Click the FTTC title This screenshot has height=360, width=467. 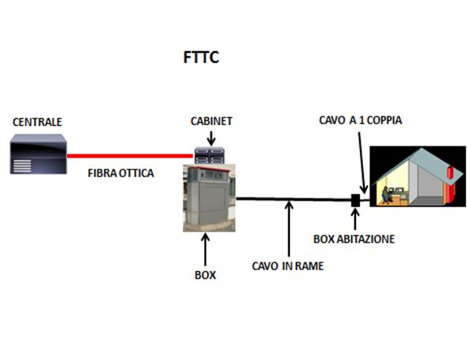coord(202,58)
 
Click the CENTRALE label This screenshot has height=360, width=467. coord(37,122)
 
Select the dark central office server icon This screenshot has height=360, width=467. coord(38,154)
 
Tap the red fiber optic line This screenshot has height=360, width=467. coord(130,155)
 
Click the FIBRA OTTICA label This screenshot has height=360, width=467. coord(120,173)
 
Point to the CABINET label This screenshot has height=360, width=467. coord(212,121)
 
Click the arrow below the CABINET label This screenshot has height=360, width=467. coord(211,138)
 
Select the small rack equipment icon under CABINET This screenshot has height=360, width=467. coord(209,155)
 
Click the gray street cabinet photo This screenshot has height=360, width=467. coord(209,198)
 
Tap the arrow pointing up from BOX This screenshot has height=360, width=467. coord(206,249)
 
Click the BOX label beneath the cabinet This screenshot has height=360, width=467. coord(206,275)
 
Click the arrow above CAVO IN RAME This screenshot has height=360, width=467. coord(289,228)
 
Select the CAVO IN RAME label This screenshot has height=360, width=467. coord(287,266)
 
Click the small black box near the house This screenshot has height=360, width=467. coord(356,200)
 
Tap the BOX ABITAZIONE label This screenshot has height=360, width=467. coord(354,239)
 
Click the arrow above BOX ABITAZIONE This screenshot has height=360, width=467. coord(355,219)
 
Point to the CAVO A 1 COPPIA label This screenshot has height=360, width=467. coord(361,120)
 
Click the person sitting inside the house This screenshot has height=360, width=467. coord(385,195)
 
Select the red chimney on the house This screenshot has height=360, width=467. coord(450,185)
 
